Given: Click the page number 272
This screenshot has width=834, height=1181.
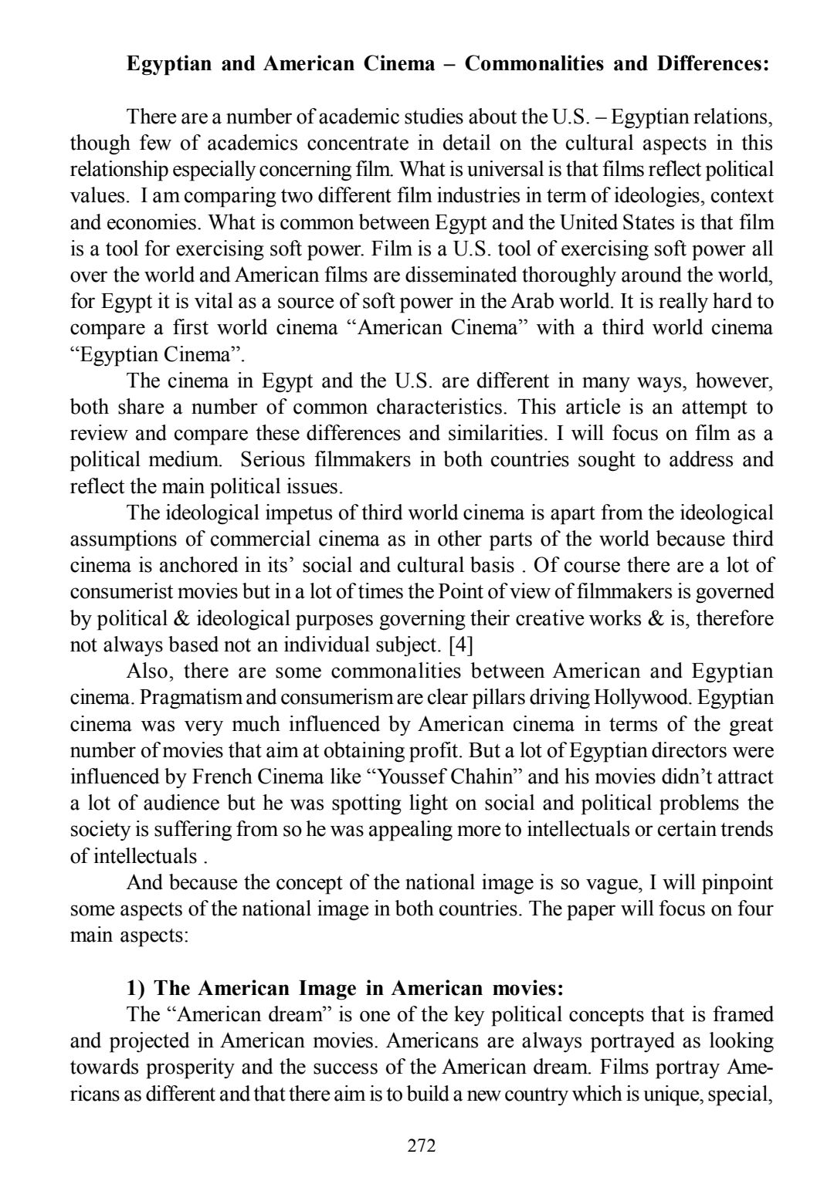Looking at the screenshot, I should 422,1145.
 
